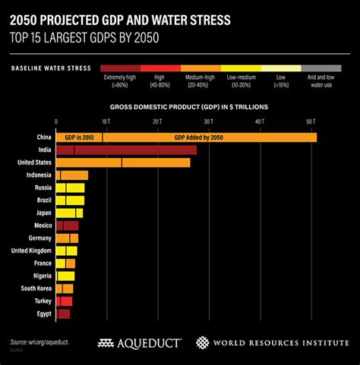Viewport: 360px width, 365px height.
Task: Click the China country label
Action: click(x=43, y=137)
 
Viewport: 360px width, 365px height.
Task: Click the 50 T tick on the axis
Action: click(x=310, y=121)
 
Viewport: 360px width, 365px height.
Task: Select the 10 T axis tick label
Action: click(x=106, y=121)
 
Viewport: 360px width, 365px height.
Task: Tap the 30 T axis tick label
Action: click(x=208, y=121)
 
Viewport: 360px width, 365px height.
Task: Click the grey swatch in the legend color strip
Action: click(x=321, y=68)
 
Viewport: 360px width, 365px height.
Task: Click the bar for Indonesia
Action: click(x=72, y=175)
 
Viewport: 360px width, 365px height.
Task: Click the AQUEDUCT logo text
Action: click(x=147, y=343)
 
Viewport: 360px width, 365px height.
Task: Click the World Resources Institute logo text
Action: click(x=278, y=343)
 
